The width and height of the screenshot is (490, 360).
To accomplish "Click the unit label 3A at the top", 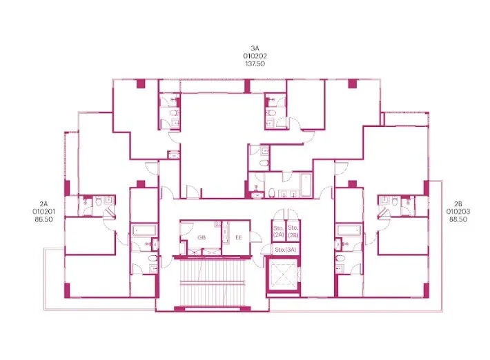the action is (255, 48).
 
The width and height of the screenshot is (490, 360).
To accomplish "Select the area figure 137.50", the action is (255, 64).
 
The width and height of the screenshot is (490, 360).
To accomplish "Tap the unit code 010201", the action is (43, 212).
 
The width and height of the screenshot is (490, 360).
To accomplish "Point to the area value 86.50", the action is (43, 219).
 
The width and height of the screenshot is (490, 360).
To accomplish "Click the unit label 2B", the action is (458, 204).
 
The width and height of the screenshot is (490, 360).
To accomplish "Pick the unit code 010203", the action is (458, 212).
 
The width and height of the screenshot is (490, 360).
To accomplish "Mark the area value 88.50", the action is (458, 219).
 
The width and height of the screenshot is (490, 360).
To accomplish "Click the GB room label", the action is (202, 238).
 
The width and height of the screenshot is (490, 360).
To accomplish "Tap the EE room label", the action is (238, 238).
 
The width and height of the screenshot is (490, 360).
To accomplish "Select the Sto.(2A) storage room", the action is (278, 231).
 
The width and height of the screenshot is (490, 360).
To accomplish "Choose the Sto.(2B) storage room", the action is (293, 231).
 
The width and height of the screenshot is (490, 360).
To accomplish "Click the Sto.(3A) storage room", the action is (286, 250).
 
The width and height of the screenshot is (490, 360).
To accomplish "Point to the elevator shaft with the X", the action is (283, 275).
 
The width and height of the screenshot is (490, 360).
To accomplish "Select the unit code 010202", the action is (255, 56).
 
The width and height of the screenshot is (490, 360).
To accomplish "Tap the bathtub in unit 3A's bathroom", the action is (305, 185).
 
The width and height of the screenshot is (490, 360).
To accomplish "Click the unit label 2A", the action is (43, 204).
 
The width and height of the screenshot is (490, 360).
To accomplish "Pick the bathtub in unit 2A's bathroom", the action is (144, 231).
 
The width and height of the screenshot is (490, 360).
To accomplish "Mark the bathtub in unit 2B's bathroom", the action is (349, 231).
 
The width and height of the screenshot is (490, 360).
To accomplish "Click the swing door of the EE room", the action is (256, 237).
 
